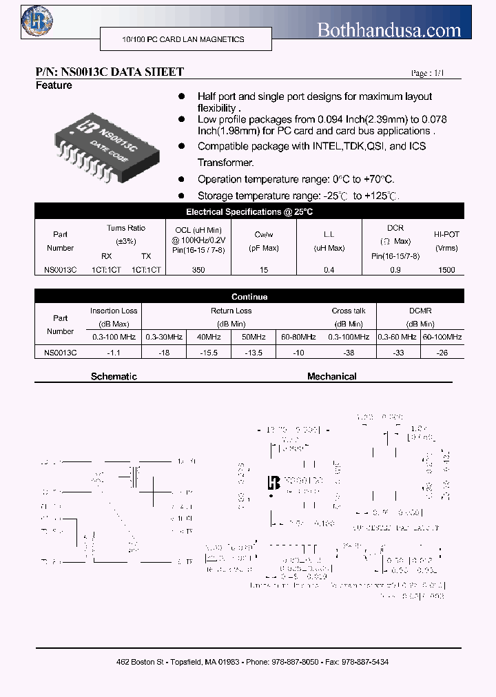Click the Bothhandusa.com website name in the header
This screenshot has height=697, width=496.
(x=389, y=30)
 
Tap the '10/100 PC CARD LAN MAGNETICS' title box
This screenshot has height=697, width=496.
(x=183, y=40)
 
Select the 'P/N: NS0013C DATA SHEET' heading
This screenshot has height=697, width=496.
(x=110, y=72)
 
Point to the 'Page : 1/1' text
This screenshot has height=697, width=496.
(x=428, y=73)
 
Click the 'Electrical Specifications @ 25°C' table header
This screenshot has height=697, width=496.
(x=249, y=212)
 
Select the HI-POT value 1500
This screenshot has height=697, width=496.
(x=446, y=270)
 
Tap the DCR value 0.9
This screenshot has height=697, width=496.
(x=395, y=270)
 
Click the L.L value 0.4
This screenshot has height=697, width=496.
(x=329, y=270)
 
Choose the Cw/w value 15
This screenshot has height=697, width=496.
(x=264, y=270)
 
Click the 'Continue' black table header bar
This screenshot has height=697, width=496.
(x=249, y=297)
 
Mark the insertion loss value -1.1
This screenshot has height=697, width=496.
(x=114, y=352)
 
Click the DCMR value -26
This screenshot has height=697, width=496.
(x=442, y=352)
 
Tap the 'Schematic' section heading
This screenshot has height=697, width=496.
(x=114, y=377)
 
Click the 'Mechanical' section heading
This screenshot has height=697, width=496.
(x=331, y=377)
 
